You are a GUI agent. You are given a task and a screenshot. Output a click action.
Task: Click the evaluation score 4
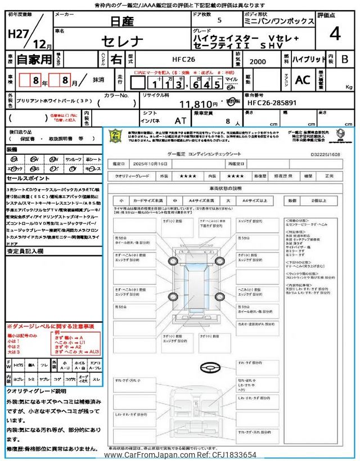[x=335, y=33]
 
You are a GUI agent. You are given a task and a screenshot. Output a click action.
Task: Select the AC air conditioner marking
[x=302, y=80]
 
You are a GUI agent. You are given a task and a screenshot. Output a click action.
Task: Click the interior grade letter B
[x=345, y=59]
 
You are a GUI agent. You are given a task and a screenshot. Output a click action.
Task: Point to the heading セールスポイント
[x=28, y=178]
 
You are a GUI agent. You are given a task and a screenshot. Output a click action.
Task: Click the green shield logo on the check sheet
[x=115, y=136]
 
